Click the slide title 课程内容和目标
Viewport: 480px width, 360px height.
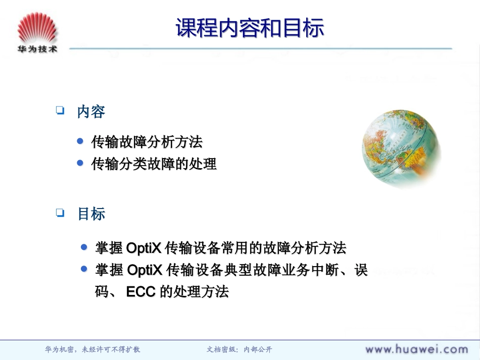[250, 28]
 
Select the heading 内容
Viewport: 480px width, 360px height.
[91, 112]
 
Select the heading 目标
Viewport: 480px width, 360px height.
[91, 214]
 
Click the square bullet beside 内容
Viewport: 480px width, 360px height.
[61, 110]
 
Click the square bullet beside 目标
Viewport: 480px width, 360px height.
[61, 213]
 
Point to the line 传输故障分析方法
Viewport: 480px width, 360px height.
[147, 142]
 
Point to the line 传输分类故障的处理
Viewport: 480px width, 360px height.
[154, 164]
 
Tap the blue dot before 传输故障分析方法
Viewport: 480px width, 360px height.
[80, 141]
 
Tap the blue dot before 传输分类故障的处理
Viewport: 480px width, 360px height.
[80, 163]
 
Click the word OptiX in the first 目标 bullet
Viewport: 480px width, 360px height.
[144, 248]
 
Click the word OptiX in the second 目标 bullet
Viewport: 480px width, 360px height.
[144, 270]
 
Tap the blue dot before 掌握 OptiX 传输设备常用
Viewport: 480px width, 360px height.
[84, 247]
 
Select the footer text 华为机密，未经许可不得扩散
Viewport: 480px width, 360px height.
[93, 349]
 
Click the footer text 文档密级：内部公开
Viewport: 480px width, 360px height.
[239, 349]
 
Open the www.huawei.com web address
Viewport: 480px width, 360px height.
[416, 349]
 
